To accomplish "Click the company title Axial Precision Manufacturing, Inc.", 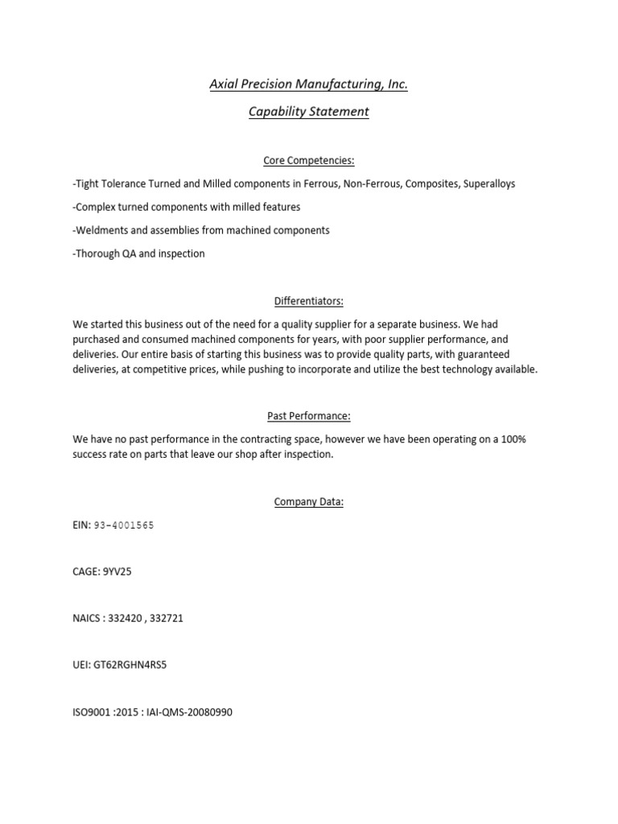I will coord(308,84).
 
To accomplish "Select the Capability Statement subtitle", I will coord(308,112).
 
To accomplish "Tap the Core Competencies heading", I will coord(308,161).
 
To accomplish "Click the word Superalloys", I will coord(489,184).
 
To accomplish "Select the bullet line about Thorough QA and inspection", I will coord(138,253).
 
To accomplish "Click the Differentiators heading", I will coord(308,301).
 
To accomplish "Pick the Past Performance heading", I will coord(308,416).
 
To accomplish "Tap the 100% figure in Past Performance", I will coord(513,439).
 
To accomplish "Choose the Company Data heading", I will coord(308,501).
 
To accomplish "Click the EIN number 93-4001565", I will coord(124,525).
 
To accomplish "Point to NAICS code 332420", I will coord(126,619).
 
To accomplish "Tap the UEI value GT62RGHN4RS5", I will coord(132,665).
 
